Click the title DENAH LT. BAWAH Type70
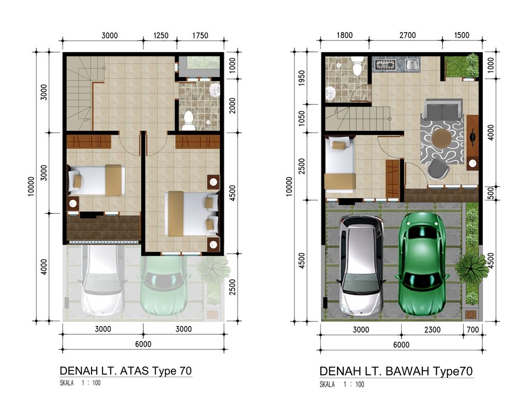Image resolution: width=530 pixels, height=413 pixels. pos(396,371)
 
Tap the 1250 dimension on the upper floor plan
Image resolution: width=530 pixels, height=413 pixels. pos(161,36)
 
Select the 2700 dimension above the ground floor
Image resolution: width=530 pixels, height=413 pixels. pos(407,36)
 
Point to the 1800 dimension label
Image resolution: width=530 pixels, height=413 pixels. pos(344,36)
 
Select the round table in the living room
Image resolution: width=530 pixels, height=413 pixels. pos(441,138)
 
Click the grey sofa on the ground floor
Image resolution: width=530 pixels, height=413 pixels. pos(441,109)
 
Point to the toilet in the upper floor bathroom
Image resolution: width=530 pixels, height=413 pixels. pos(188,120)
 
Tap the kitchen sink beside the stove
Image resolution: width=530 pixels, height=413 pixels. pos(412,65)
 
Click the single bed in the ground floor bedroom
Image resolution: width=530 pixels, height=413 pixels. pos(339,164)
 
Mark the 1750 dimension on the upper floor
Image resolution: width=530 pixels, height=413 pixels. pos(200,36)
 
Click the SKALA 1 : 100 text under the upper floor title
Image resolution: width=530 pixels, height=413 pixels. pos(80,384)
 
